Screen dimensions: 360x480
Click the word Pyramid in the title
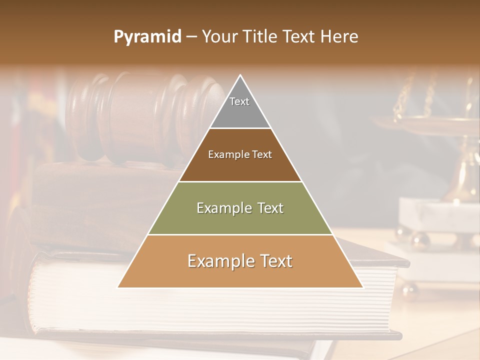click(147, 37)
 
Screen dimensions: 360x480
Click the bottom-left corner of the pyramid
click(118, 287)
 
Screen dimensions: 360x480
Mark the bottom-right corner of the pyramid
click(362, 287)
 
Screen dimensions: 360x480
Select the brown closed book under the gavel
click(100, 200)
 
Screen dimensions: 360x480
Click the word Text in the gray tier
click(239, 101)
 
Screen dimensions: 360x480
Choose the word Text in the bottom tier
click(272, 261)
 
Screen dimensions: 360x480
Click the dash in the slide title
click(191, 37)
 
